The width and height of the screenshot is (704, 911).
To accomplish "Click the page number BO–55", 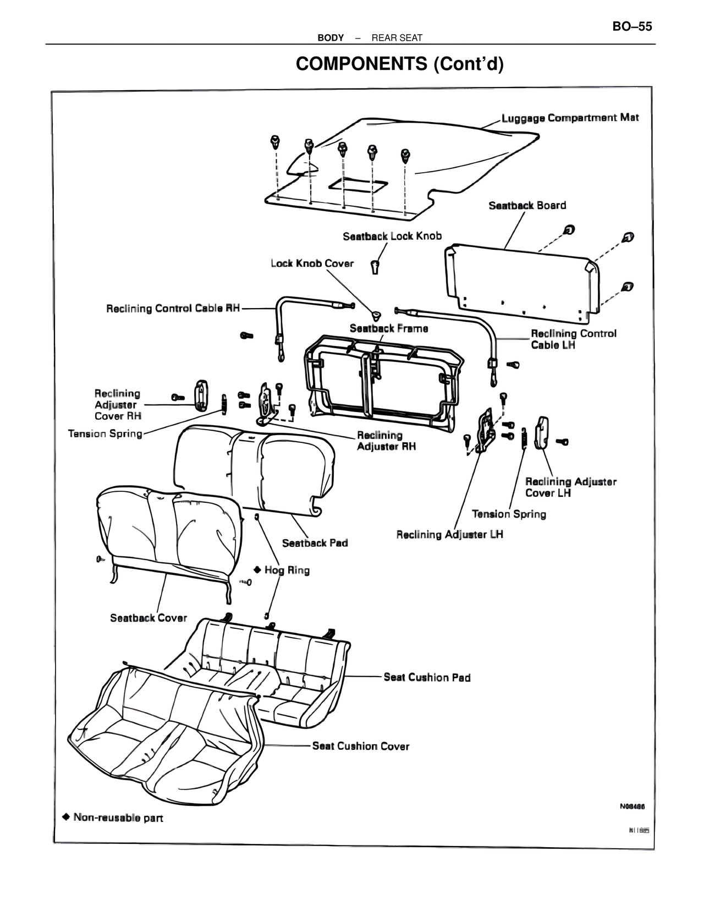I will coord(632,26).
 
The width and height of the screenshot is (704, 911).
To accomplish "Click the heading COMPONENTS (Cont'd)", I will coord(399,64).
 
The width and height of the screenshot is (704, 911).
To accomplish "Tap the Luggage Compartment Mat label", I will coord(570,118).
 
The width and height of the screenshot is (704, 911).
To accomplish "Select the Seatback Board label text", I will coord(527,205).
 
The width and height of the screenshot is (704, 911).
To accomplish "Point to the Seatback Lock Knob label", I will coord(392,236).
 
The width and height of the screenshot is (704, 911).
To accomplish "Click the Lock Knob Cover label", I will coord(312,264).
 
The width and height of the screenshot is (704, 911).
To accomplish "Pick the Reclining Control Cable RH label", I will coord(173,308).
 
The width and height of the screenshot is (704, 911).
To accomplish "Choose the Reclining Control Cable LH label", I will coord(573,339).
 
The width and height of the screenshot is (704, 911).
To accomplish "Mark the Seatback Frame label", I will coord(389,328).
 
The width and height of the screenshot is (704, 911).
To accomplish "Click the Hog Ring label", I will coord(287,570).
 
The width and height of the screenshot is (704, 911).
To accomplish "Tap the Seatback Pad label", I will coord(315,543).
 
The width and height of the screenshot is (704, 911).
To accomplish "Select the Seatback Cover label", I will coord(148,618).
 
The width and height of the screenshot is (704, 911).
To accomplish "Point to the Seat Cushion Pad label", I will coord(427,677).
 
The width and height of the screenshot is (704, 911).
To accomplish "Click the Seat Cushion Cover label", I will coord(360,746).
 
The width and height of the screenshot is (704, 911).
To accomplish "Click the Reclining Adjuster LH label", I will coord(449,534).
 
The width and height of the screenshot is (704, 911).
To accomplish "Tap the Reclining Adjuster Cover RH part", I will coord(201,395).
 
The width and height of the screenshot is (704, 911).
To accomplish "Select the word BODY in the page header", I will coord(331,38).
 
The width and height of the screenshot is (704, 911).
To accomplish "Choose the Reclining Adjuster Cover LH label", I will coord(570,487).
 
